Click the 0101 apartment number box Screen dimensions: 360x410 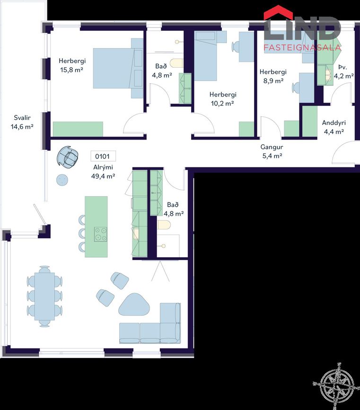103,157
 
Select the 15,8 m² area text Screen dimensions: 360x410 72,70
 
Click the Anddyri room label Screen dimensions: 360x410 334,122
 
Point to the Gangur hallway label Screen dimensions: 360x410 272,147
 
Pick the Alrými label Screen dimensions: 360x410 103,167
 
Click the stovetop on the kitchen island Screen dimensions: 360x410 101,234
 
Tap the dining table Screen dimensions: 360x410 44,296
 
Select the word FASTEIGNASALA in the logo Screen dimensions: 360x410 302,47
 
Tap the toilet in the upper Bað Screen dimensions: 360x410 176,63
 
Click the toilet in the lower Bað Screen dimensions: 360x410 164,225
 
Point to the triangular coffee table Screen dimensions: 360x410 134,304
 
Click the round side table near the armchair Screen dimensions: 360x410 62,180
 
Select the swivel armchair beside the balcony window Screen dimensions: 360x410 68,157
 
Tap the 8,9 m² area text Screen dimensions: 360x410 273,81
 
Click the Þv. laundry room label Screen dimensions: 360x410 342,67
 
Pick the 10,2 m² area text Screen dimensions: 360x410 222,103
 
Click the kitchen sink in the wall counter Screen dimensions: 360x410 136,234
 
